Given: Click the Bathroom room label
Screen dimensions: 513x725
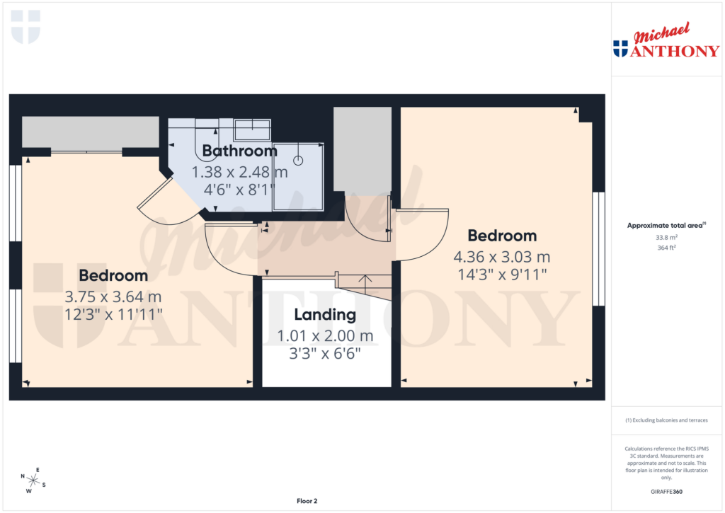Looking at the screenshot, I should pyautogui.click(x=239, y=151).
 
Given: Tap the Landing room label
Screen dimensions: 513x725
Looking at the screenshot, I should pyautogui.click(x=325, y=315).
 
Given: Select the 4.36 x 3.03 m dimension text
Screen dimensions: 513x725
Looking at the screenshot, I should pyautogui.click(x=501, y=257).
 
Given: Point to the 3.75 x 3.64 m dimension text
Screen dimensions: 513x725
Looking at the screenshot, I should pyautogui.click(x=113, y=296).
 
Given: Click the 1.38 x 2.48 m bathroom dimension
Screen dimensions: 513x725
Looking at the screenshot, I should pyautogui.click(x=239, y=172).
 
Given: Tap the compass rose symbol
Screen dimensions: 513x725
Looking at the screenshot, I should pyautogui.click(x=33, y=481).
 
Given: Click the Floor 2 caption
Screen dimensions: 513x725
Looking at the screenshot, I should pyautogui.click(x=307, y=501).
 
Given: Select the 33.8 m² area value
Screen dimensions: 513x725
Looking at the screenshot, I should pyautogui.click(x=666, y=238).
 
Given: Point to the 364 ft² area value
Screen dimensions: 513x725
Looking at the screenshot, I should pyautogui.click(x=666, y=248).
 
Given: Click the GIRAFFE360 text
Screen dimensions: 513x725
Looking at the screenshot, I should pyautogui.click(x=666, y=492).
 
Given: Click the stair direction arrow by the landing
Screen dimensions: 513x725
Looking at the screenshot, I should pyautogui.click(x=365, y=282).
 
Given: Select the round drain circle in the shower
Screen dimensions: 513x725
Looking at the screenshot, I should pyautogui.click(x=298, y=161).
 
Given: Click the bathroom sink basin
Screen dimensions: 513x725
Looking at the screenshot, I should pyautogui.click(x=252, y=130).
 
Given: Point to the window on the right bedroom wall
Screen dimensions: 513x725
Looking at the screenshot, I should pyautogui.click(x=599, y=248).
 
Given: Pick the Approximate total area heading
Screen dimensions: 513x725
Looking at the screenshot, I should pyautogui.click(x=666, y=226).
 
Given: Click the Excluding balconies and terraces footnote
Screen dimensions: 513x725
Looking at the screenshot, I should pyautogui.click(x=666, y=420).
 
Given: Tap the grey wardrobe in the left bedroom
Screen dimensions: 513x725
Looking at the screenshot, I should pyautogui.click(x=90, y=132).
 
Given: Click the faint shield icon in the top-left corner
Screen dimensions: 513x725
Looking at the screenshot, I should pyautogui.click(x=26, y=27).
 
